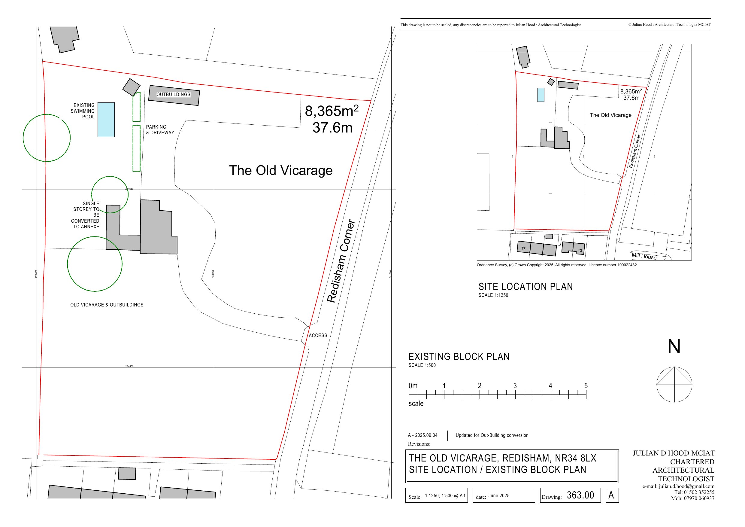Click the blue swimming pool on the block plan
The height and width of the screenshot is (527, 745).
click(x=106, y=120)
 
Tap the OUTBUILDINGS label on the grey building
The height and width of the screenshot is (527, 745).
click(x=173, y=94)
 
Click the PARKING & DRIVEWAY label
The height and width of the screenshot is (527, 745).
click(x=160, y=129)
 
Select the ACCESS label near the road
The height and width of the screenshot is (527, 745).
click(x=318, y=335)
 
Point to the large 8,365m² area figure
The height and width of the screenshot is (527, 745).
click(x=332, y=111)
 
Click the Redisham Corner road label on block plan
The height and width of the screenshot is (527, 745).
click(x=341, y=261)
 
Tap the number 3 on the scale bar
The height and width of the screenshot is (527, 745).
click(x=515, y=386)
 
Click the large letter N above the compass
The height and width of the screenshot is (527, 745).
click(x=674, y=347)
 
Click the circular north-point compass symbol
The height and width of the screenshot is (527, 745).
click(x=674, y=385)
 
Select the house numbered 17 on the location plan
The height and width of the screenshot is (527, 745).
click(x=523, y=248)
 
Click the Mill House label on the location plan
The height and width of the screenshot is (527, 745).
click(x=644, y=256)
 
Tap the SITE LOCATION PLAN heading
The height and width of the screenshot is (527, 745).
click(x=525, y=287)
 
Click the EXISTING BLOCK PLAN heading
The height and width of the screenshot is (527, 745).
click(x=459, y=357)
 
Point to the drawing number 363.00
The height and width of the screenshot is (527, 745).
click(x=580, y=495)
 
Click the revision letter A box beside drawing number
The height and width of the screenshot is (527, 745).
click(x=612, y=495)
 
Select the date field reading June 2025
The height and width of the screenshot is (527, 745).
click(x=499, y=495)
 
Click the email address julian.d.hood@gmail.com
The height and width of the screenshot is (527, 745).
click(x=678, y=486)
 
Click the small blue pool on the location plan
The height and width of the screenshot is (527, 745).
click(x=541, y=95)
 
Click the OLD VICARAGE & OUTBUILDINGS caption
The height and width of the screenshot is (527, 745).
click(x=107, y=305)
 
